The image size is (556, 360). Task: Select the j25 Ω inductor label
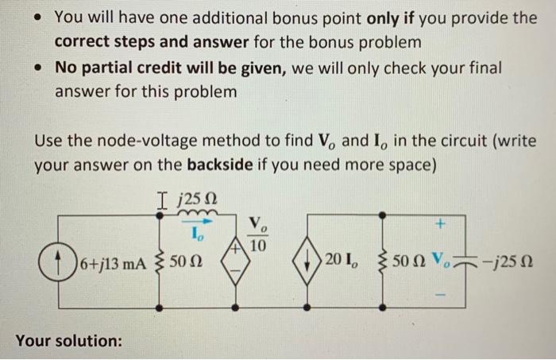click(x=197, y=194)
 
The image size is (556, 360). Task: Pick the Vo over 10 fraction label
click(x=255, y=236)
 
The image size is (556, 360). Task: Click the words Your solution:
click(x=68, y=341)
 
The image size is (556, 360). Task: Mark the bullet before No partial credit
click(x=36, y=68)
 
